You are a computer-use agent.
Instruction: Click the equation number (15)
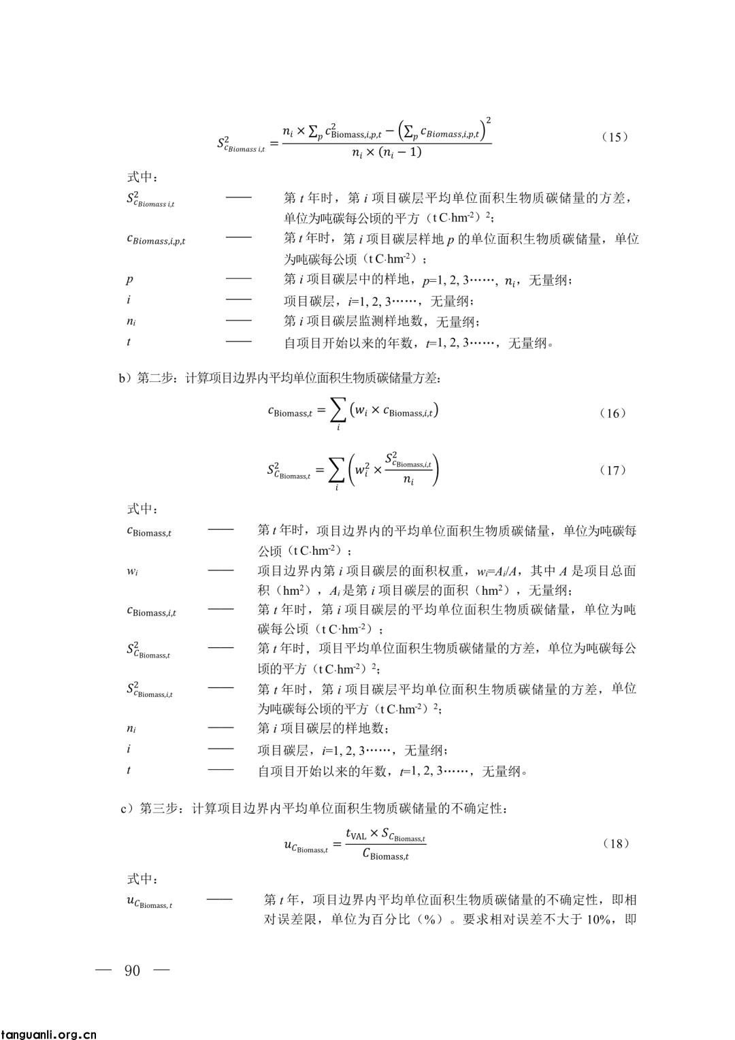[x=615, y=137]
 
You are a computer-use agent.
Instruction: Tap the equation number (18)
[x=615, y=844]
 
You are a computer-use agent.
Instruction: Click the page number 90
[x=133, y=970]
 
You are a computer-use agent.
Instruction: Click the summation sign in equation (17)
[x=336, y=469]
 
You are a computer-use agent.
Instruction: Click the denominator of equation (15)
[x=386, y=152]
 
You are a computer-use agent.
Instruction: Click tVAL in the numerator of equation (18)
[x=356, y=834]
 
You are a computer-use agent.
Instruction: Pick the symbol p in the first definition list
[x=129, y=279]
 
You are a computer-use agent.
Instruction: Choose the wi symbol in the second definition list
[x=132, y=571]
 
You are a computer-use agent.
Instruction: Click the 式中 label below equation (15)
[x=142, y=177]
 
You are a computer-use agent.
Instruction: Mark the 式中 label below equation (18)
[x=142, y=879]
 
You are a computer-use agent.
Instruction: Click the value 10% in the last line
[x=597, y=920]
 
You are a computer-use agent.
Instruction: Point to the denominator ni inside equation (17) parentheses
[x=408, y=481]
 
